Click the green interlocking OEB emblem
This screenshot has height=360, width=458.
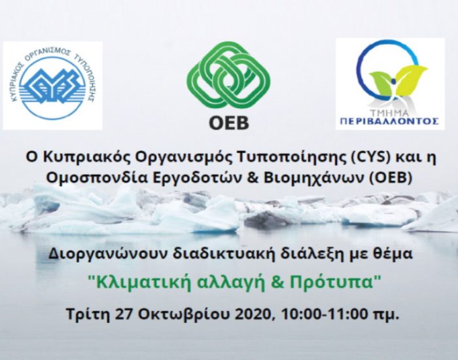click(228, 75)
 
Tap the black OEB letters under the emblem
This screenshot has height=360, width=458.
click(229, 123)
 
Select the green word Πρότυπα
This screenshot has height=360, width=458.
click(332, 282)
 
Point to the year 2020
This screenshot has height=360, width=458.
click(255, 314)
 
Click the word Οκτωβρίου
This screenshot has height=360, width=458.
click(185, 314)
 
